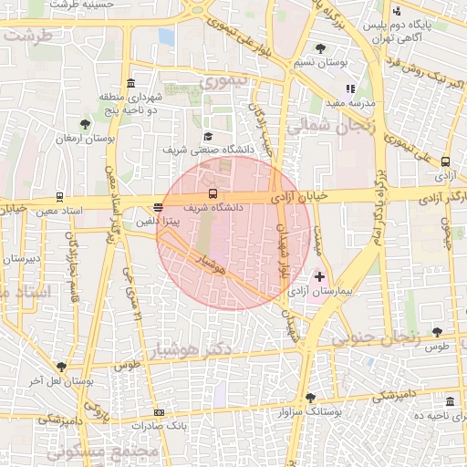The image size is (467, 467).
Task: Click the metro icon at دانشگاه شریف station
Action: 213,193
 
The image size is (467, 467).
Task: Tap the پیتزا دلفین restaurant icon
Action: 159,207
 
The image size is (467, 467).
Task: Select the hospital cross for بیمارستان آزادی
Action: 319,275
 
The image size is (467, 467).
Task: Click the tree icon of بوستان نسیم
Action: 318,48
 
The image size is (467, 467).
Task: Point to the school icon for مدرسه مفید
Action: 349,89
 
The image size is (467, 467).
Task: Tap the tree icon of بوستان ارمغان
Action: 84,124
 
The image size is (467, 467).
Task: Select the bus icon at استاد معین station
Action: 59,196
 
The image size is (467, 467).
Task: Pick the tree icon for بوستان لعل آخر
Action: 61,367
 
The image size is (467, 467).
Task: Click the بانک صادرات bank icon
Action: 161,412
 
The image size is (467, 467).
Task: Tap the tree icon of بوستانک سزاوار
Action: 310,398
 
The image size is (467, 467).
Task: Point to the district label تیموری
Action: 223,82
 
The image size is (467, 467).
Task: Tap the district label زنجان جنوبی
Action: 376,337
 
